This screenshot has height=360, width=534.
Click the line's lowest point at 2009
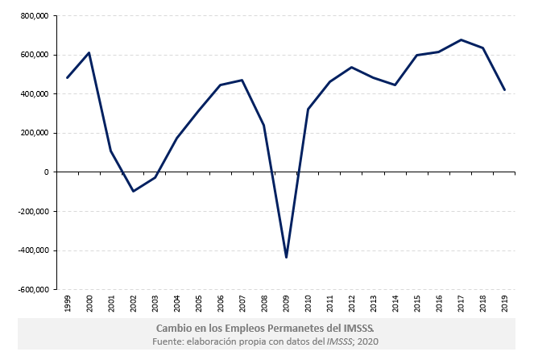coord(286,258)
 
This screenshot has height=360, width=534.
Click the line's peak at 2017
coord(461,39)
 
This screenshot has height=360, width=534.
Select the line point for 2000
coord(89,53)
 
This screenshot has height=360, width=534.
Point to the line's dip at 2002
coord(133,191)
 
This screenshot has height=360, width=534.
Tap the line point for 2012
coord(352,67)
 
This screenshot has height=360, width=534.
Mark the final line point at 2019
coord(504,90)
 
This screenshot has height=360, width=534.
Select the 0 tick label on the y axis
coord(47,172)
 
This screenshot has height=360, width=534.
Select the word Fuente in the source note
coord(172,342)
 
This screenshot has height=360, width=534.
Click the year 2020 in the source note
coord(368,342)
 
